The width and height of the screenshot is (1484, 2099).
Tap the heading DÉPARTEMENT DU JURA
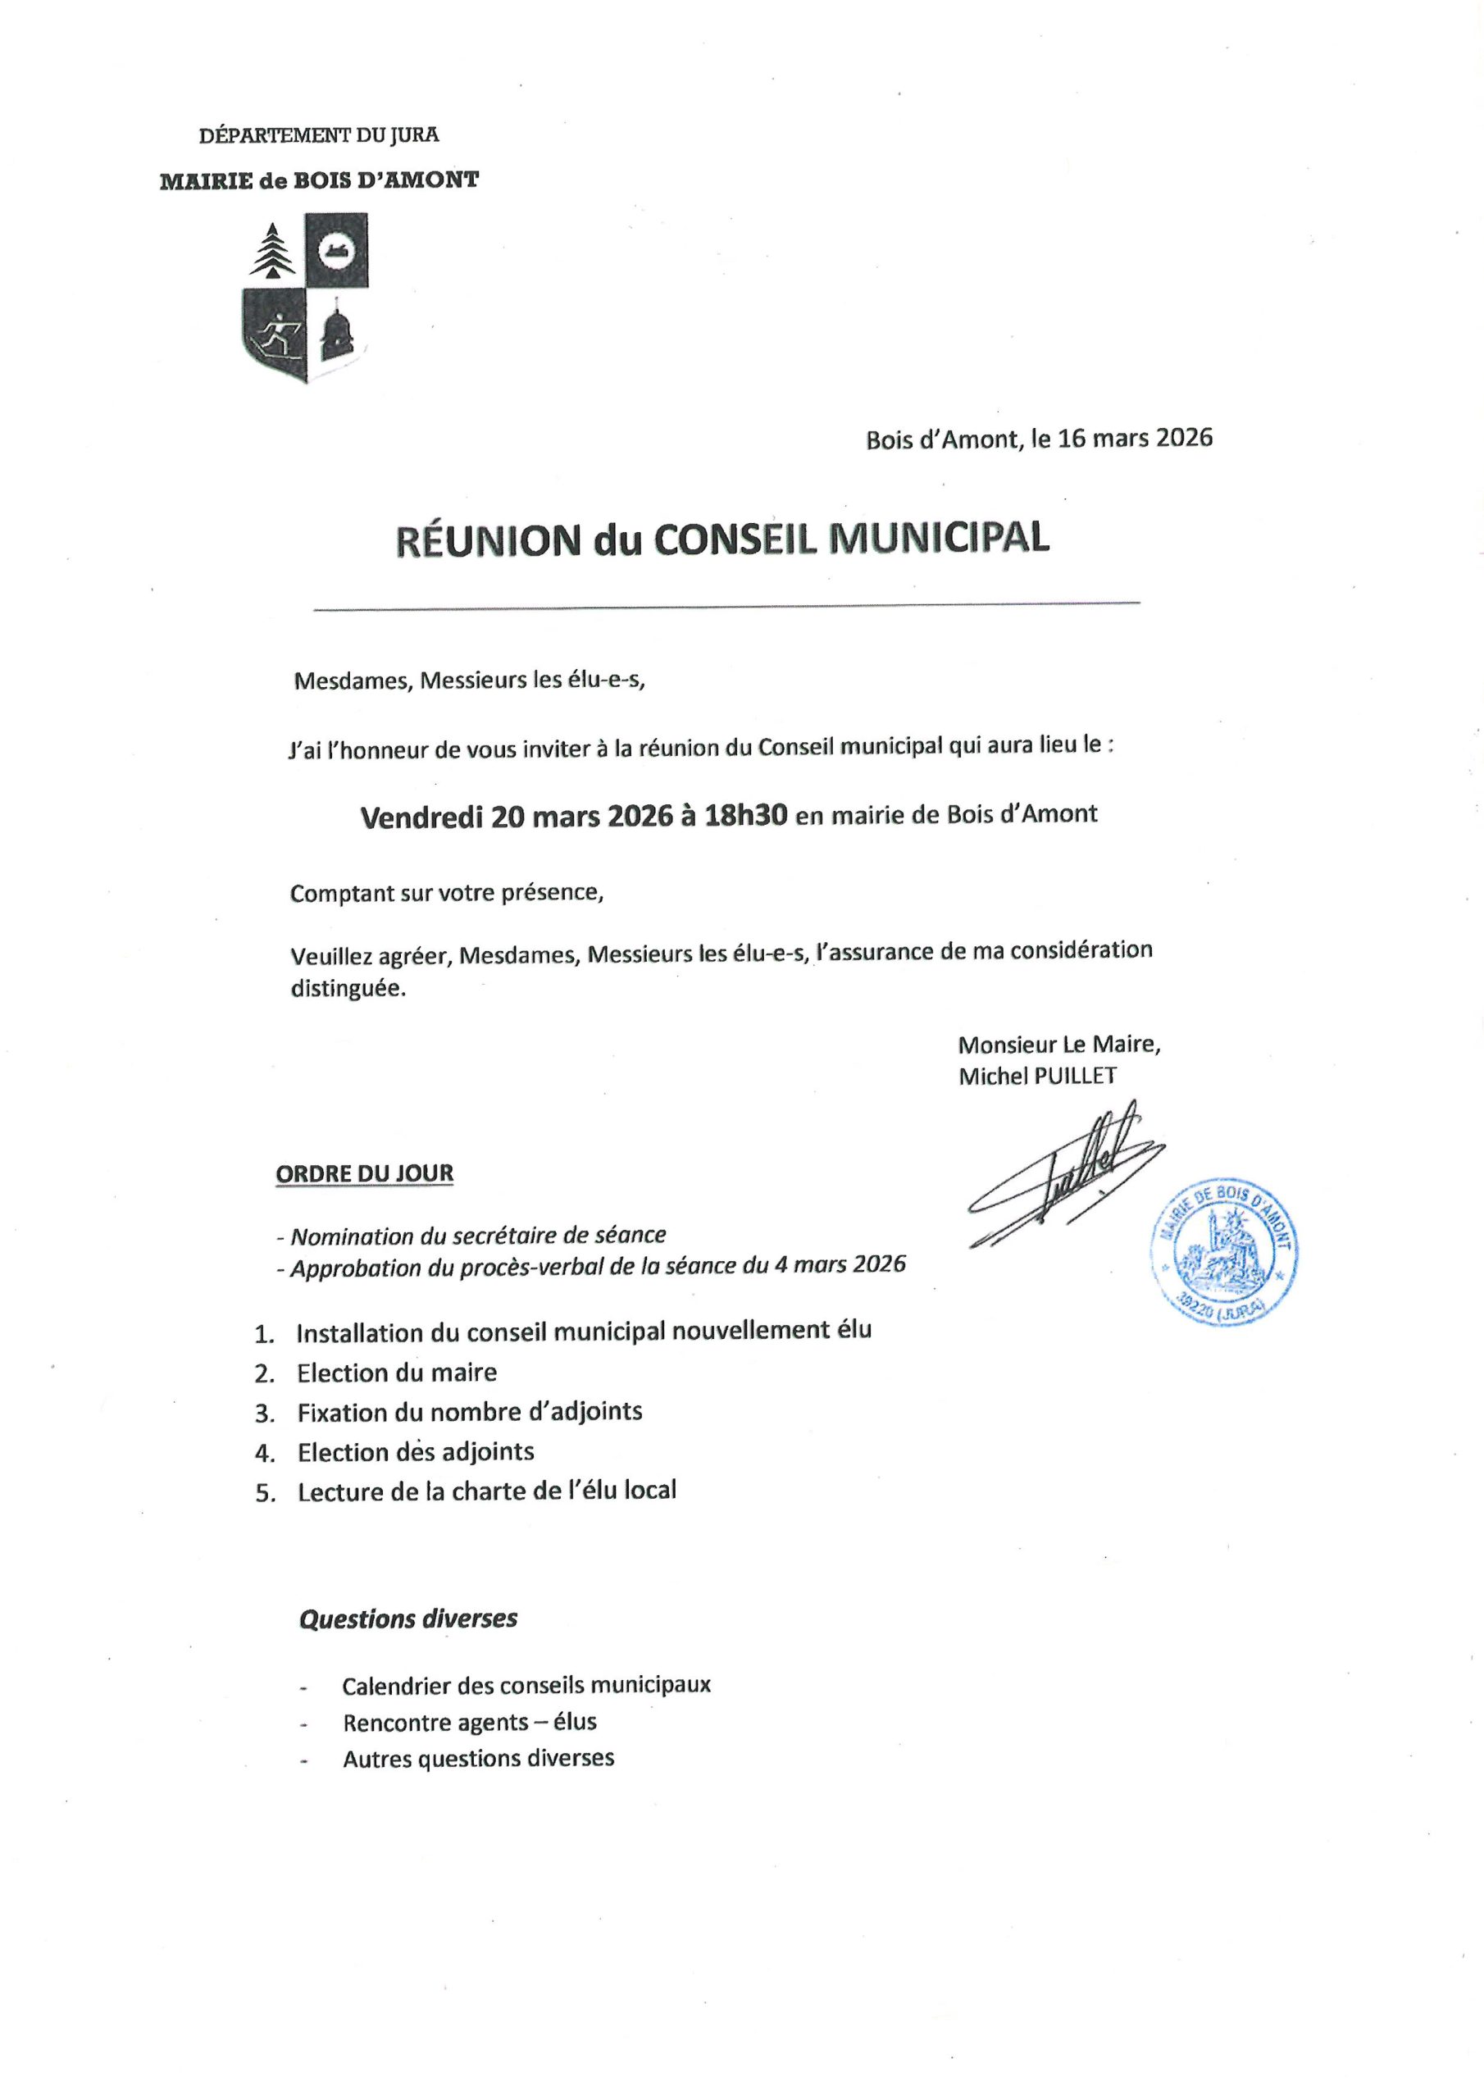[319, 135]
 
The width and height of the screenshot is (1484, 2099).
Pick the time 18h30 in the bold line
[745, 816]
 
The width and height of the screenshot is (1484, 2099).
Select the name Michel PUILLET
[1037, 1076]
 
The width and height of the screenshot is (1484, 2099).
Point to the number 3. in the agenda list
[265, 1414]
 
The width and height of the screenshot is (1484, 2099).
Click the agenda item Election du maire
[397, 1373]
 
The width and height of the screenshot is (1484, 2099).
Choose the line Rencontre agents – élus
[469, 1723]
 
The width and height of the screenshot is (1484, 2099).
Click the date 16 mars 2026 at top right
[1135, 438]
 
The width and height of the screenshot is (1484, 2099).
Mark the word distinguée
[348, 989]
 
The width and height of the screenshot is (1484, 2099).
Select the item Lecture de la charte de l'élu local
[486, 1491]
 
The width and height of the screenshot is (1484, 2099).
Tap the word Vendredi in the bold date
[421, 817]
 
